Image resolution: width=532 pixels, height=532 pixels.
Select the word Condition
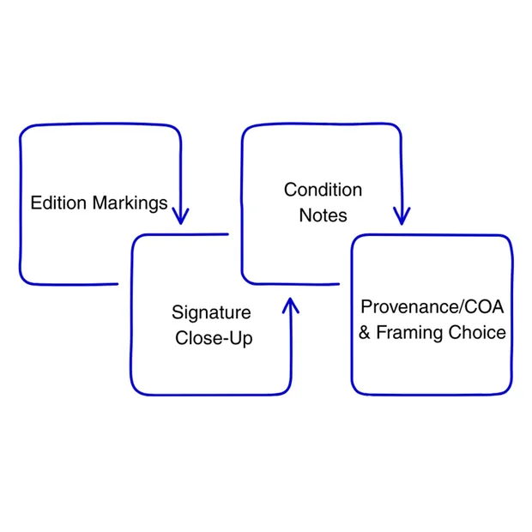[323, 190]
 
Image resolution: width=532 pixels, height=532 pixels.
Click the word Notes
[323, 215]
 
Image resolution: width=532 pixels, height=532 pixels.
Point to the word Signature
[211, 312]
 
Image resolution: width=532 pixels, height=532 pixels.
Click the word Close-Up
[215, 338]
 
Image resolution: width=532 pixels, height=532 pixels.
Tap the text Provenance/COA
[432, 307]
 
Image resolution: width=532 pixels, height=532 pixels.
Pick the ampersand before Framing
[365, 333]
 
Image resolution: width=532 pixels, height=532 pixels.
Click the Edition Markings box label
[99, 204]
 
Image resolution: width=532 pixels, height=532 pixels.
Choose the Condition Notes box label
[323, 203]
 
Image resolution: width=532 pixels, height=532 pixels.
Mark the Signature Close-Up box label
[213, 325]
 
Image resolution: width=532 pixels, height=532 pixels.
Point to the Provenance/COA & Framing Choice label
[432, 320]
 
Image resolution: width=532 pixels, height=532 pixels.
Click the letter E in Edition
[35, 204]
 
